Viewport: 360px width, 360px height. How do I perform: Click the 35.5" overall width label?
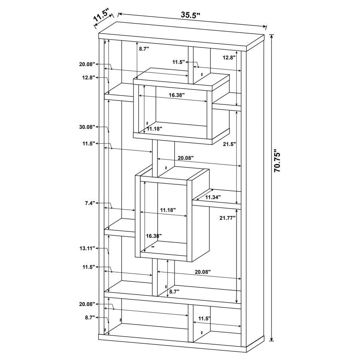click(x=190, y=15)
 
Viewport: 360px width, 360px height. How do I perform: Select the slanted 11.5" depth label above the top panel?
click(x=101, y=15)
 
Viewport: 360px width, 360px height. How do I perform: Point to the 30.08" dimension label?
click(x=87, y=127)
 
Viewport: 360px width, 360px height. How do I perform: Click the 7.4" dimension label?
click(x=90, y=203)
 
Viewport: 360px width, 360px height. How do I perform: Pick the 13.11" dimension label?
click(x=87, y=248)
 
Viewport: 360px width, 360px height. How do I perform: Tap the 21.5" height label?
click(x=229, y=144)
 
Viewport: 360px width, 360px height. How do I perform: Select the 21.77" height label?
click(x=228, y=218)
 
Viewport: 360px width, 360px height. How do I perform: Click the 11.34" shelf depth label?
click(x=213, y=197)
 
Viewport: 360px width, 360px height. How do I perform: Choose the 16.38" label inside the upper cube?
click(x=177, y=95)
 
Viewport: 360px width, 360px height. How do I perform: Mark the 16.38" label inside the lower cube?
click(x=154, y=236)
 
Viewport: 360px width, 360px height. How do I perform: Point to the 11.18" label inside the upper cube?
click(x=154, y=129)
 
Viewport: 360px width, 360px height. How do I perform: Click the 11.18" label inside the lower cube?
click(x=168, y=210)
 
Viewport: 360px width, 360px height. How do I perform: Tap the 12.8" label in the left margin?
click(x=89, y=78)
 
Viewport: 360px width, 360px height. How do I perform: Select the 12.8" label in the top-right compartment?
click(x=229, y=58)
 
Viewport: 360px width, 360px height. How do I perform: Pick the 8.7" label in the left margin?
click(x=90, y=318)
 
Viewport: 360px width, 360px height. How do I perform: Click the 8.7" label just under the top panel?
click(x=144, y=48)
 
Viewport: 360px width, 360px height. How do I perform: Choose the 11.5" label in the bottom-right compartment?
click(x=204, y=318)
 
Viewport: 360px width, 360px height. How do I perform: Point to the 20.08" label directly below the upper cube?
click(x=186, y=158)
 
